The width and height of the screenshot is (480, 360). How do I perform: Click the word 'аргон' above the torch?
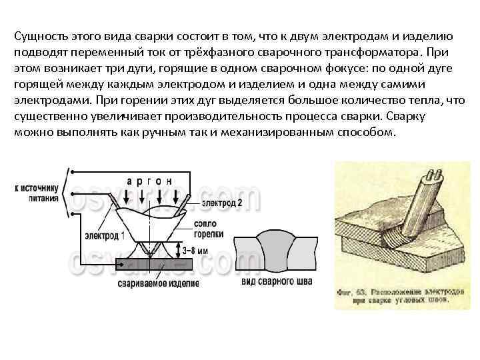coord(150,181)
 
